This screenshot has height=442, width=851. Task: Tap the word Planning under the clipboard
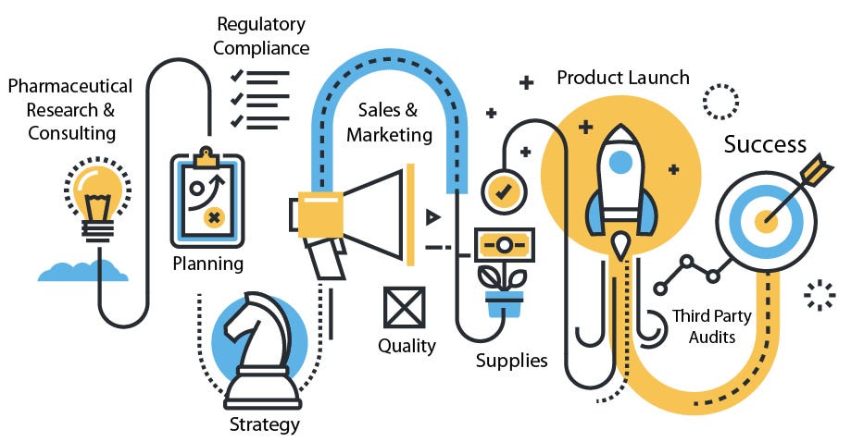click(208, 264)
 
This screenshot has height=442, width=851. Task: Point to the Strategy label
click(265, 424)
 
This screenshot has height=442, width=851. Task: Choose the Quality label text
click(407, 346)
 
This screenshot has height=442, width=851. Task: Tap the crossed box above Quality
click(405, 307)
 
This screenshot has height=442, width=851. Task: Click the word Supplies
click(511, 360)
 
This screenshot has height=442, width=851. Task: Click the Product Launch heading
click(622, 77)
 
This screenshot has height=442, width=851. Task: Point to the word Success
click(765, 144)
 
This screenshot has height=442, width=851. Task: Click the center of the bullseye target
click(768, 219)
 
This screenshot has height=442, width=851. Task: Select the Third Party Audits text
click(711, 326)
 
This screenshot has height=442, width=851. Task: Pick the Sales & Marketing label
click(389, 122)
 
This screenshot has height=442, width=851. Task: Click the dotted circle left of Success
click(720, 100)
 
